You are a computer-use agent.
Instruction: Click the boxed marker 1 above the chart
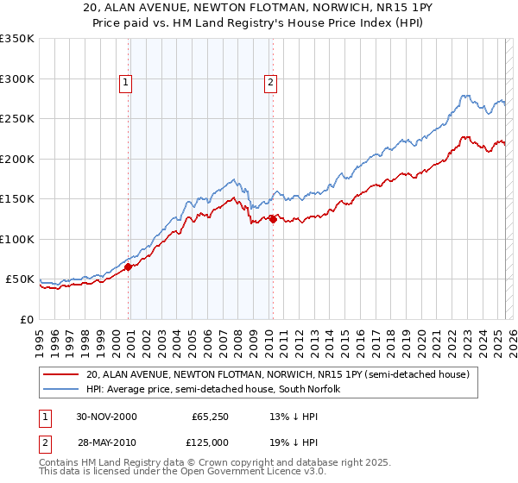point(125,83)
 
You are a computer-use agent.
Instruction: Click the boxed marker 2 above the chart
point(270,83)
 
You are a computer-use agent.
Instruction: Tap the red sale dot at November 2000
point(129,267)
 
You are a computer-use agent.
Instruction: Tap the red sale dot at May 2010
point(273,219)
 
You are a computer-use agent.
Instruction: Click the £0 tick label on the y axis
point(28,319)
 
